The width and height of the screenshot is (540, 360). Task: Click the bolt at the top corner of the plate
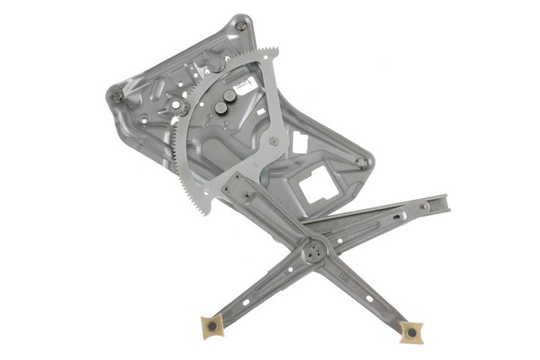tap(241, 26)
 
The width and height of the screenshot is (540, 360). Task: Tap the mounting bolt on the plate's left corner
tap(117, 95)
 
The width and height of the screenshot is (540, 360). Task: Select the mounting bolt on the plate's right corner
tap(362, 162)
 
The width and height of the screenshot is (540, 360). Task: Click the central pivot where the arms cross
tap(316, 250)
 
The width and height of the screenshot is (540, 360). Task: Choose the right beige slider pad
tap(411, 333)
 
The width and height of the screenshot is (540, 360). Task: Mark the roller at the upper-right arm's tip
tap(426, 205)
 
